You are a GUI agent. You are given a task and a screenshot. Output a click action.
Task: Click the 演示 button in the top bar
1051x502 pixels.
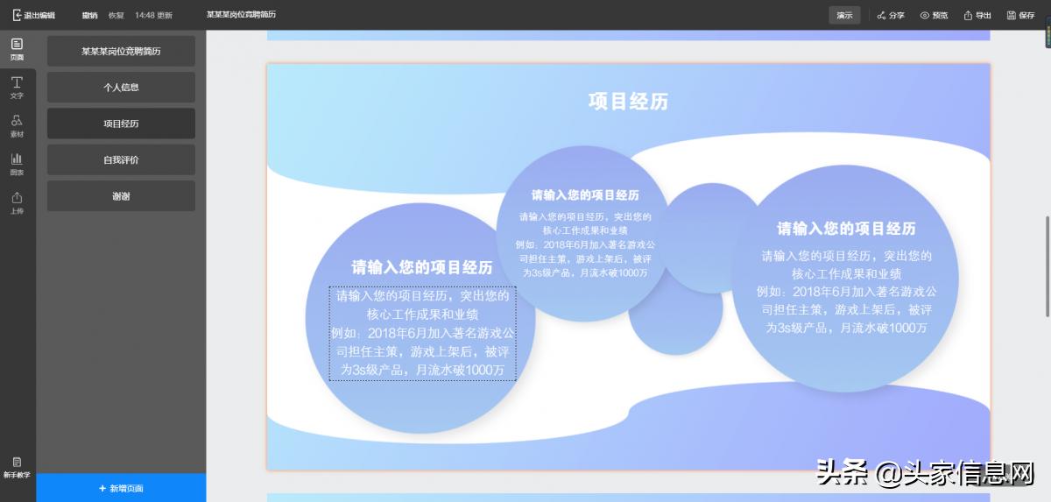click(x=844, y=15)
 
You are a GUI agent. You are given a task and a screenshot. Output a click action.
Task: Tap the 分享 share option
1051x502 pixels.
click(x=891, y=15)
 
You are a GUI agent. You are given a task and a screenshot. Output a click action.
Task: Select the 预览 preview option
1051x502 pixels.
click(x=934, y=15)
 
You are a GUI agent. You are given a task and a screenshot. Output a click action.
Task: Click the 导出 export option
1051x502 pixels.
click(x=977, y=15)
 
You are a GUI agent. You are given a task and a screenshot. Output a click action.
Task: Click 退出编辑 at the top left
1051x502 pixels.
click(x=34, y=15)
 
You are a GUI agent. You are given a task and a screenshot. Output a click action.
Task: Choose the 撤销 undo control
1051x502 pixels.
click(x=89, y=15)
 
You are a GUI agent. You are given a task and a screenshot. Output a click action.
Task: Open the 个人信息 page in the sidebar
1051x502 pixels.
click(x=121, y=88)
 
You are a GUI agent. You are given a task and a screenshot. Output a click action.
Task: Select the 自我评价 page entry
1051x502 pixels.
click(x=121, y=160)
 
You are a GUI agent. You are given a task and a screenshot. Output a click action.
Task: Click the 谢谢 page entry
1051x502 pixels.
click(x=121, y=196)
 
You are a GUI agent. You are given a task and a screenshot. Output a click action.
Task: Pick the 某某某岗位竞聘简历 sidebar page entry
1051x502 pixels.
click(x=121, y=51)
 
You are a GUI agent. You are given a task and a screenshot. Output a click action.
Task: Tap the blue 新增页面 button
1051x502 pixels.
click(x=121, y=488)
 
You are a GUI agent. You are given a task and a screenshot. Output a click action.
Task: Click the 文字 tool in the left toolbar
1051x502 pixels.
click(x=17, y=87)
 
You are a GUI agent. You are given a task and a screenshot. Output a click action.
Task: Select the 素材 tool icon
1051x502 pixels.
click(x=17, y=125)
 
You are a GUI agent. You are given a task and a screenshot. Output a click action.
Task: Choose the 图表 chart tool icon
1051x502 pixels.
click(x=17, y=164)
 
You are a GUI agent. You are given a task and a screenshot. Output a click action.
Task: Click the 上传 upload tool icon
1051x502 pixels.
click(x=17, y=202)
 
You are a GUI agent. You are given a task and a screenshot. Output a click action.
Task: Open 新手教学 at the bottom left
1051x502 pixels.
click(x=17, y=467)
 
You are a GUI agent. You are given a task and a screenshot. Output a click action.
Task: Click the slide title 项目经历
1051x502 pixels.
click(x=628, y=102)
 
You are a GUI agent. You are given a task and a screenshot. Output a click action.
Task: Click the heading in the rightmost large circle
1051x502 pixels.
click(x=846, y=229)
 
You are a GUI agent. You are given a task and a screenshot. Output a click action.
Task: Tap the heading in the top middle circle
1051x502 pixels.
click(x=585, y=194)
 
